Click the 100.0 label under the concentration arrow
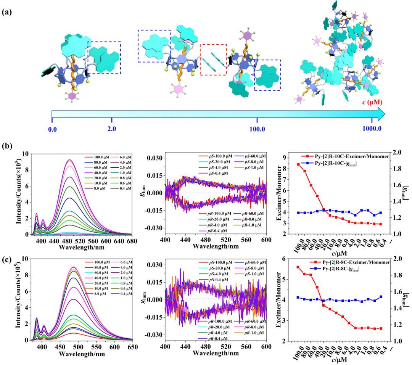click(257, 129)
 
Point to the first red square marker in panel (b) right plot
click(298, 164)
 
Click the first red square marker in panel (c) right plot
click(298, 267)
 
